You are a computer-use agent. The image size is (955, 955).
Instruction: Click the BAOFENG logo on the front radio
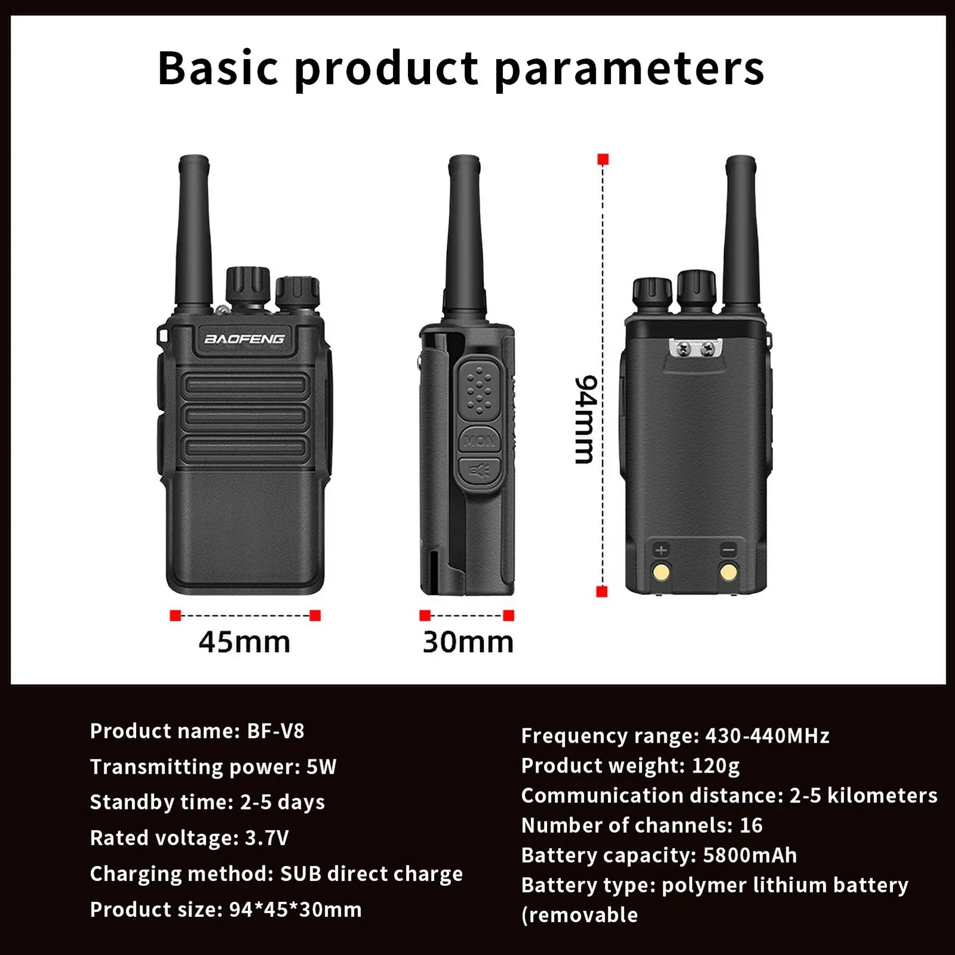pyautogui.click(x=245, y=339)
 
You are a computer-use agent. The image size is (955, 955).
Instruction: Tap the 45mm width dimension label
pyautogui.click(x=245, y=642)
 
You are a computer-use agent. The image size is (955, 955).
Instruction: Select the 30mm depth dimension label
pyautogui.click(x=468, y=642)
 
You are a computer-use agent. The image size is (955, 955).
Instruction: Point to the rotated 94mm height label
pyautogui.click(x=585, y=419)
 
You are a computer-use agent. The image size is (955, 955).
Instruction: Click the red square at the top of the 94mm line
pyautogui.click(x=603, y=159)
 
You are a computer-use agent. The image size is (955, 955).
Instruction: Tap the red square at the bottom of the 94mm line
pyautogui.click(x=602, y=592)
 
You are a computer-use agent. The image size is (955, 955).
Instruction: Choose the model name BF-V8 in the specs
pyautogui.click(x=276, y=731)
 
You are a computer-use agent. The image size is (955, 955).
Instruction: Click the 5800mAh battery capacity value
pyautogui.click(x=750, y=855)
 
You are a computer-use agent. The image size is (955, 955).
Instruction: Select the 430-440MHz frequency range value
pyautogui.click(x=767, y=736)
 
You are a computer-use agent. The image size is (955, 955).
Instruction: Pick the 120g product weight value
pyautogui.click(x=715, y=766)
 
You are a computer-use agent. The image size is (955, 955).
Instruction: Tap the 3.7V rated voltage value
pyautogui.click(x=267, y=838)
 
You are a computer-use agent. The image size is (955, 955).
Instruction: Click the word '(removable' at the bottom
pyautogui.click(x=579, y=915)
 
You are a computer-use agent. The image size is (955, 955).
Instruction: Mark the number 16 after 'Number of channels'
pyautogui.click(x=751, y=826)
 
